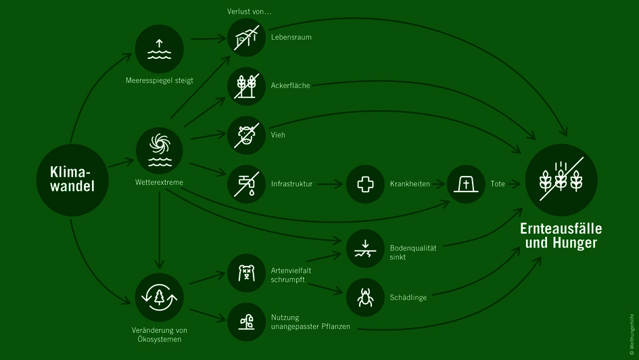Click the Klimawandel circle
72,179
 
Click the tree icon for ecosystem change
160,296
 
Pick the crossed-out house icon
246,37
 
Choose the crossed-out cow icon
246,135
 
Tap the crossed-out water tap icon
246,183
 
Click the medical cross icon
365,183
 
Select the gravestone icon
467,183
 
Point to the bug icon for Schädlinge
365,297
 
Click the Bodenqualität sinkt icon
365,248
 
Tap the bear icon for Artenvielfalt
246,273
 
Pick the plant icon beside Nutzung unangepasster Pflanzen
246,322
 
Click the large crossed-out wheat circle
561,178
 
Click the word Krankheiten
410,184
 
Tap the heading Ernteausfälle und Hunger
561,235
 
